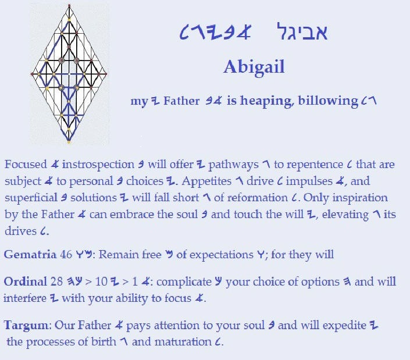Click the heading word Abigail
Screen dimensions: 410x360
254,67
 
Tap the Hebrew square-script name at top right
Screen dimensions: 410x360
302,31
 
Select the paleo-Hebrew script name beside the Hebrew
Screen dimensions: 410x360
216,33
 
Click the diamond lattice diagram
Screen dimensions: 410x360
69,74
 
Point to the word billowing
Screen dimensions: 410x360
328,101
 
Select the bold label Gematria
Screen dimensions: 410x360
30,254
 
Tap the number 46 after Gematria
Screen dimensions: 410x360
66,254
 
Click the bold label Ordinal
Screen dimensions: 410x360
26,281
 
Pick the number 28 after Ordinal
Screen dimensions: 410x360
56,281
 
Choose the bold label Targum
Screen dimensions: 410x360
26,326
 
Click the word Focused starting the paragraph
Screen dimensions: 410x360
26,165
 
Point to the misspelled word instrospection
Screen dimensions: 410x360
98,165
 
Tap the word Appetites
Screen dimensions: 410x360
206,181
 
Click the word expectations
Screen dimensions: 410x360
222,255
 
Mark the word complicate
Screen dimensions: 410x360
184,282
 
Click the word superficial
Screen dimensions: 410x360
31,198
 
